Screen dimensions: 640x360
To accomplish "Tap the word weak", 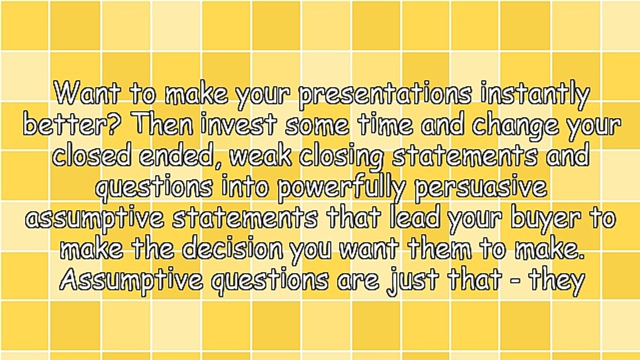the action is point(260,156).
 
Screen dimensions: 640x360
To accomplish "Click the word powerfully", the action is point(341,189).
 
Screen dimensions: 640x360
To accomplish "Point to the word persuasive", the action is point(481,189).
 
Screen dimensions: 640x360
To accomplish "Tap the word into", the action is point(245,187).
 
